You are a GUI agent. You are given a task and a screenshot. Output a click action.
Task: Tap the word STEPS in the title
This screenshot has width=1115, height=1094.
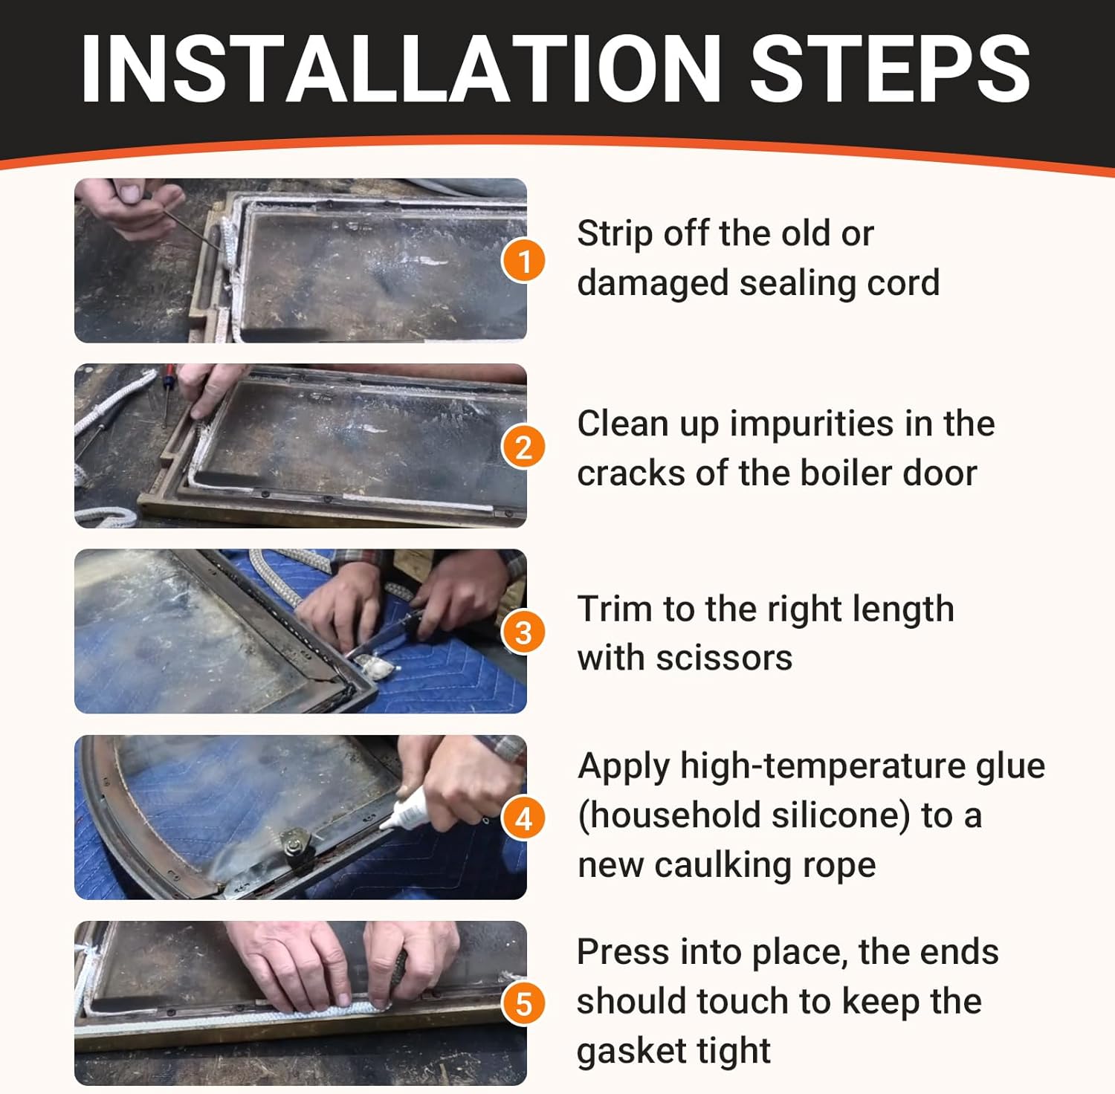[890, 68]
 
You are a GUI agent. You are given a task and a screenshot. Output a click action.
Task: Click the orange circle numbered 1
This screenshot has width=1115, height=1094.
[524, 261]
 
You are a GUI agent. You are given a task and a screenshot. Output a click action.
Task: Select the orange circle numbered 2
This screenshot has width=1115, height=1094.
[524, 447]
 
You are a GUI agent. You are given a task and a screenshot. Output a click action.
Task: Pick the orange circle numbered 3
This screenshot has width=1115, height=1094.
[524, 632]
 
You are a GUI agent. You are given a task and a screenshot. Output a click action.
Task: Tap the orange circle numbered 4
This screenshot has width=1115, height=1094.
[524, 818]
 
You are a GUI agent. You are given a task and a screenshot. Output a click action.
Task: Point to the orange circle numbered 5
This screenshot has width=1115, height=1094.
[524, 1003]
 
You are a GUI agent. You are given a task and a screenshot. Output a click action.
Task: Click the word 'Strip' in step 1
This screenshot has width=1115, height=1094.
[614, 235]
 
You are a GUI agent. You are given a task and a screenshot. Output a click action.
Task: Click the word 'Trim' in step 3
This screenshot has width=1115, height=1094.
[614, 609]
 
